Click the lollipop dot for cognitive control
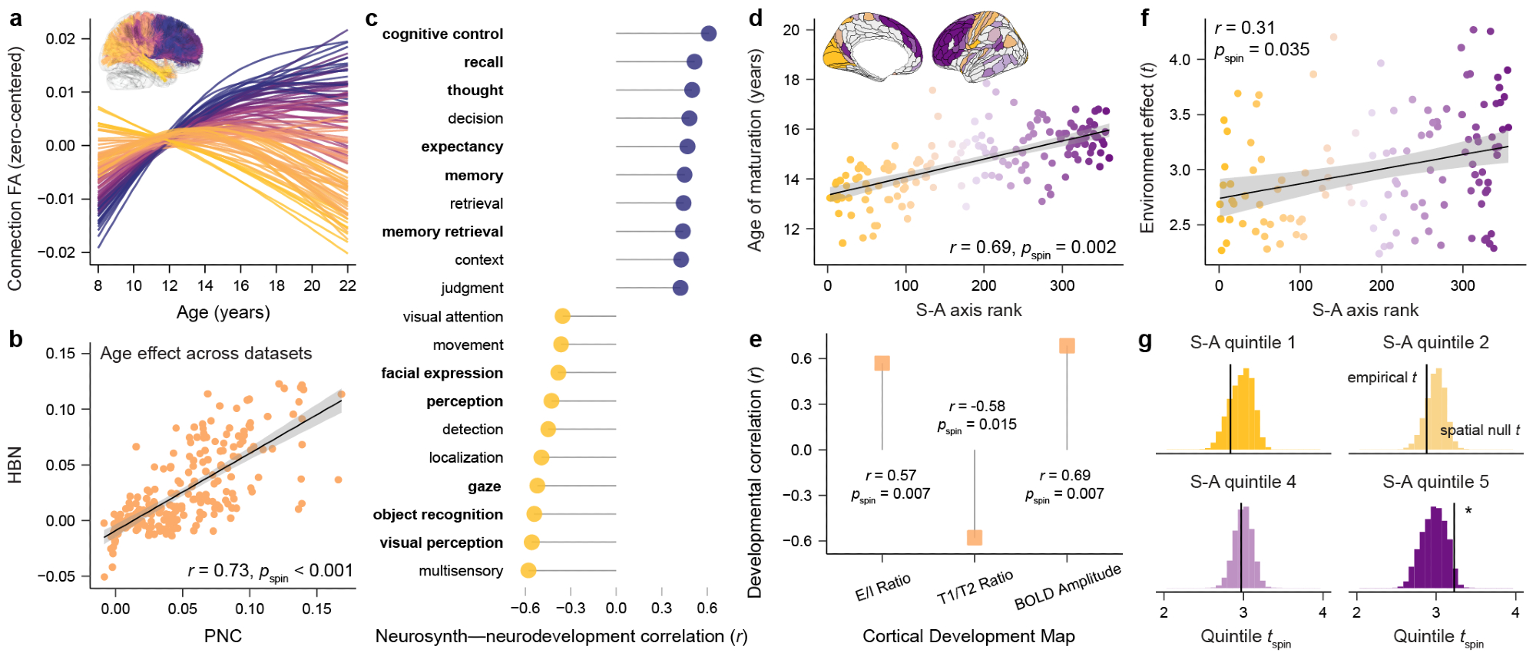pyautogui.click(x=708, y=34)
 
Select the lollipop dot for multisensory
pyautogui.click(x=528, y=571)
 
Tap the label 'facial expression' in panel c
pyautogui.click(x=442, y=373)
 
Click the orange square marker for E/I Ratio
pyautogui.click(x=882, y=363)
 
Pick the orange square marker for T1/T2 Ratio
pyautogui.click(x=974, y=537)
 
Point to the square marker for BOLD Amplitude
pyautogui.click(x=1067, y=346)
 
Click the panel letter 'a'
pyautogui.click(x=15, y=18)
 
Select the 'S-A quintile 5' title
pyautogui.click(x=1435, y=482)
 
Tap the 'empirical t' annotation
pyautogui.click(x=1381, y=378)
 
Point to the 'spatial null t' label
pyautogui.click(x=1479, y=430)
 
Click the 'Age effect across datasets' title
pyautogui.click(x=206, y=354)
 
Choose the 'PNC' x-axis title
pyautogui.click(x=223, y=636)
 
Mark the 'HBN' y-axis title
pyautogui.click(x=15, y=465)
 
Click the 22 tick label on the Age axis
pyautogui.click(x=348, y=286)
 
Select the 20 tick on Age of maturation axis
pyautogui.click(x=791, y=30)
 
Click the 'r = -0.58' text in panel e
pyautogui.click(x=977, y=406)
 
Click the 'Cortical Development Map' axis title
pyautogui.click(x=968, y=636)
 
